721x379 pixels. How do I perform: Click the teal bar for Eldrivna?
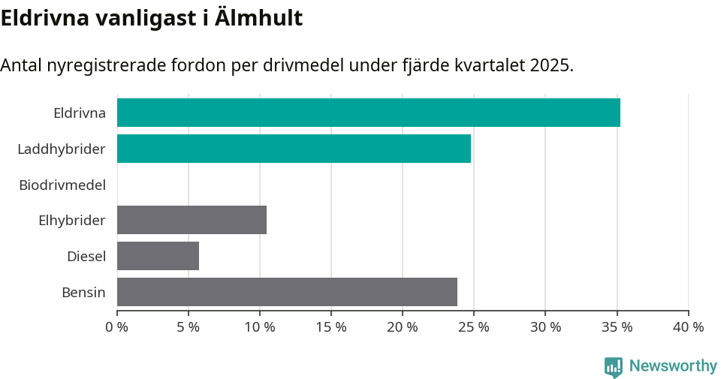(x=368, y=113)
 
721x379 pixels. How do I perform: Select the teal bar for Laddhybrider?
(x=294, y=149)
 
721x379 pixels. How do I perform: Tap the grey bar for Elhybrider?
(x=192, y=220)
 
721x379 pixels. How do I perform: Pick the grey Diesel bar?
(x=158, y=256)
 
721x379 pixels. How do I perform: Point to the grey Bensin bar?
(x=287, y=292)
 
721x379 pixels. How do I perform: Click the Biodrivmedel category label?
(x=62, y=185)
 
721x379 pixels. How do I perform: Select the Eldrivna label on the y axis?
(x=80, y=113)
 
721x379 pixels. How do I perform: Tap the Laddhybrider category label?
(x=62, y=149)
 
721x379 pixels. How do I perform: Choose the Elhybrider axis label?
(x=72, y=221)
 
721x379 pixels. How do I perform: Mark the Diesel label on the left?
(x=86, y=257)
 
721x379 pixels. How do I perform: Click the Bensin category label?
(x=83, y=293)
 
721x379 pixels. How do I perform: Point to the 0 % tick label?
(x=117, y=327)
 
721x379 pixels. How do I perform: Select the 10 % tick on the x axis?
(x=260, y=327)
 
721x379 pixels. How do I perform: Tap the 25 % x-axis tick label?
(x=474, y=327)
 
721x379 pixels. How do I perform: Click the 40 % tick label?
(x=688, y=327)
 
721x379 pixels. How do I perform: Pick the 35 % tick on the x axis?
(x=617, y=327)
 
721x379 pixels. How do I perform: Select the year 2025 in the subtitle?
(x=550, y=65)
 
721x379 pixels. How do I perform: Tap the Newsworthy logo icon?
(x=613, y=366)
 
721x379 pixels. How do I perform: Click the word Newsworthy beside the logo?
(x=673, y=366)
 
